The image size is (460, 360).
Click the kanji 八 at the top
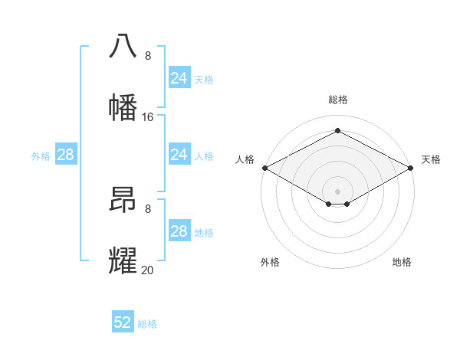123,45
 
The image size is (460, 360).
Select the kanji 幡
123,107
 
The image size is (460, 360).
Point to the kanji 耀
123,260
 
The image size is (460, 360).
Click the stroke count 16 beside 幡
148,117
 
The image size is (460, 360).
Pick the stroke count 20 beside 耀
148,270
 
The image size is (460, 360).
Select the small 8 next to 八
148,56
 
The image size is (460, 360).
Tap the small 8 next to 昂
148,208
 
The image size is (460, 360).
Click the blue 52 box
123,322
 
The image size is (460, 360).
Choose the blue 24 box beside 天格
179,78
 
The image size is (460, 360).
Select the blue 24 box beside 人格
179,155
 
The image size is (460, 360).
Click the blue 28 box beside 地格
179,231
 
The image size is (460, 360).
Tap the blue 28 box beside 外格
65,155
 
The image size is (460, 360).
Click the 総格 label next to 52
147,324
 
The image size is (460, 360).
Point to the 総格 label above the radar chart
337,100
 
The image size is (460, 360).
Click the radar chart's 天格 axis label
431,159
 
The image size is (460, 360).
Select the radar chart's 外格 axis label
270,262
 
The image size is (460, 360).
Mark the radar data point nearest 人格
264,167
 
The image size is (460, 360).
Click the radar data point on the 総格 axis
337,131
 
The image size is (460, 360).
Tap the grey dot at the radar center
337,191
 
